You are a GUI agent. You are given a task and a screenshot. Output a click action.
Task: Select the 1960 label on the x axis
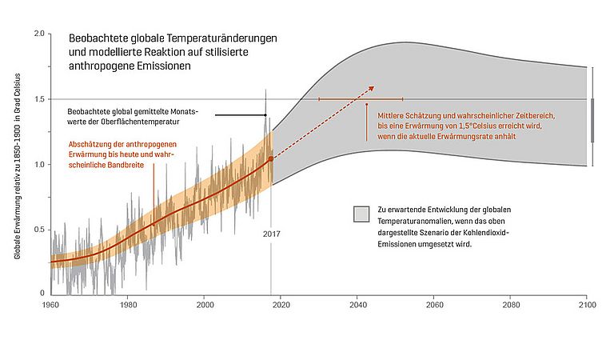pos(50,305)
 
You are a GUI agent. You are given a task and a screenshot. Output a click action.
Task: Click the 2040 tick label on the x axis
pos(357,305)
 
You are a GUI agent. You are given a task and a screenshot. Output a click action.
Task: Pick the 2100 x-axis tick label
pos(588,305)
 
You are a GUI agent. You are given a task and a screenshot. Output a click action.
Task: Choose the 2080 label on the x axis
pos(511,305)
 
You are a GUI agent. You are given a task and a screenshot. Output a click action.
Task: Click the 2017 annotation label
pos(271,234)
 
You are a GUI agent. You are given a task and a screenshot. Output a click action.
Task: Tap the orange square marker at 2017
pos(270,159)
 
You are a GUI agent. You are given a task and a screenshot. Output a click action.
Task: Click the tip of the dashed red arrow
pos(373,86)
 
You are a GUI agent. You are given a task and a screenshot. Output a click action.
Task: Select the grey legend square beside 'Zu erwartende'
pos(361,214)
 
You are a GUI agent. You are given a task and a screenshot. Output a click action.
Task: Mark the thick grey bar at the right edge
pos(592,120)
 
